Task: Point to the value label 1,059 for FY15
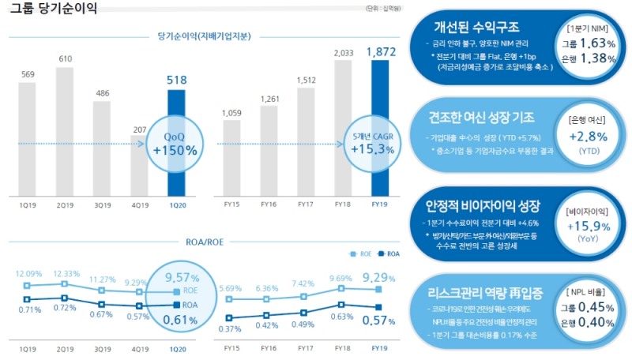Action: pyautogui.click(x=231, y=111)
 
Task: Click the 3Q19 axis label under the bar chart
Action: pyautogui.click(x=102, y=204)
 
